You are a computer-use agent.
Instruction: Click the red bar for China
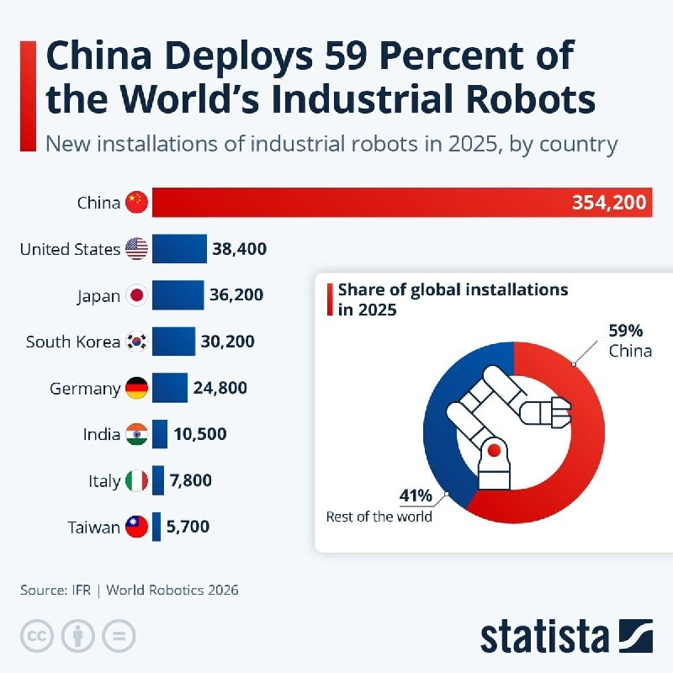[x=402, y=202]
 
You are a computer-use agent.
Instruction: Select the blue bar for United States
[x=179, y=248]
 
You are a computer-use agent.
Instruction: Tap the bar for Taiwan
[x=156, y=527]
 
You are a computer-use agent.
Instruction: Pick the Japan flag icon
[x=136, y=295]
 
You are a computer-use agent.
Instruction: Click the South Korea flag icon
[x=136, y=342]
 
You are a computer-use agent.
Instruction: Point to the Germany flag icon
[x=136, y=388]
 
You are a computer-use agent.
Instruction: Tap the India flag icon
[x=136, y=434]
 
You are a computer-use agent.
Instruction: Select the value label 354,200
[x=609, y=203]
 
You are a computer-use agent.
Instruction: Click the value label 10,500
[x=200, y=434]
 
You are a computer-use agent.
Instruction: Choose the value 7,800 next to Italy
[x=191, y=480]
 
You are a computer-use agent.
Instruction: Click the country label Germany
[x=85, y=389]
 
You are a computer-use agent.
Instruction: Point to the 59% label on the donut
[x=625, y=331]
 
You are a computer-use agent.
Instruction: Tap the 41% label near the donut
[x=416, y=495]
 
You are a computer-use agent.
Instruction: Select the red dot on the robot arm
[x=494, y=450]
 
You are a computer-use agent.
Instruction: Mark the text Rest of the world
[x=379, y=517]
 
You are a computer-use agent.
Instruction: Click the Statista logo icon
[x=636, y=636]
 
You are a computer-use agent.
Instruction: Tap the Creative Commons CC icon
[x=37, y=636]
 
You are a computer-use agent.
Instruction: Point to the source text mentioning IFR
[x=130, y=591]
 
